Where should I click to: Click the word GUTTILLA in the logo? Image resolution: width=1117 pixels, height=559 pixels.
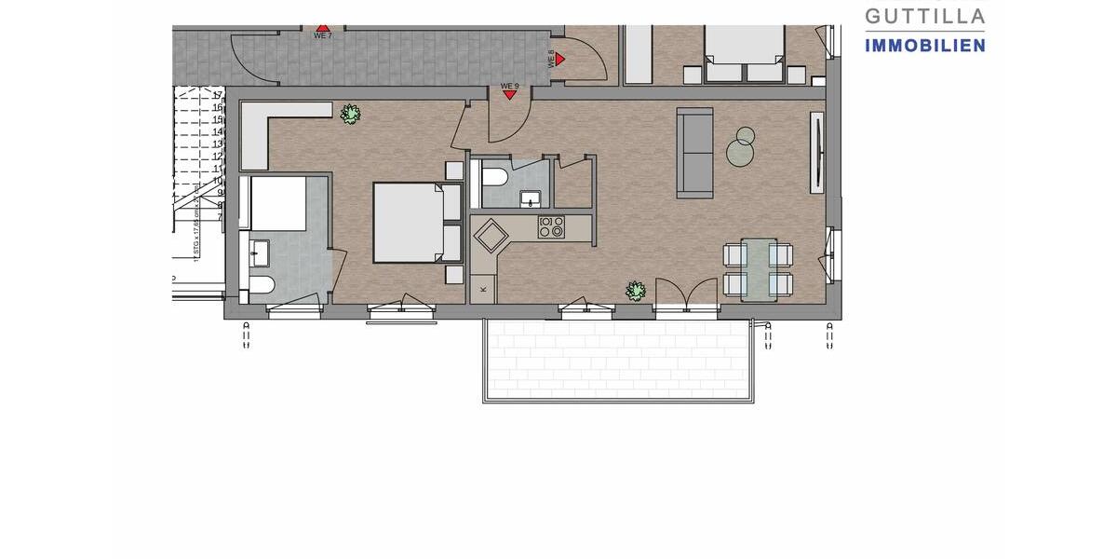924,16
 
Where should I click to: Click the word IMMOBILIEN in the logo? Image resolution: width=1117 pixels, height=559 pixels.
924,45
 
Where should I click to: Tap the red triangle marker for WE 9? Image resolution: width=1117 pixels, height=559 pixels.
509,95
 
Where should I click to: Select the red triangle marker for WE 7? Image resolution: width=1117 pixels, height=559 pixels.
322,28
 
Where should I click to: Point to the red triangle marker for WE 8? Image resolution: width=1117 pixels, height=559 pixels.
560,58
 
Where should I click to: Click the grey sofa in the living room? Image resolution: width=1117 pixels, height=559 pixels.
694,152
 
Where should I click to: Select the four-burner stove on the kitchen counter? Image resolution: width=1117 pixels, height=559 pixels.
551,225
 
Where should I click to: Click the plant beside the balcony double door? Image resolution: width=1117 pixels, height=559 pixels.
636,291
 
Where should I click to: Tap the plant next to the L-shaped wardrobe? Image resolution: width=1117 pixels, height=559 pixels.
351,114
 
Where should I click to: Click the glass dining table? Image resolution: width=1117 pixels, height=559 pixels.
759,269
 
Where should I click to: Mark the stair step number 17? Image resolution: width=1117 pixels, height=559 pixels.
217,95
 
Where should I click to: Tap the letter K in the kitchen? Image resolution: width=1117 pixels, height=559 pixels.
483,290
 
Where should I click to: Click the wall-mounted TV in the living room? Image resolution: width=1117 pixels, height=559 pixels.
817,153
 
